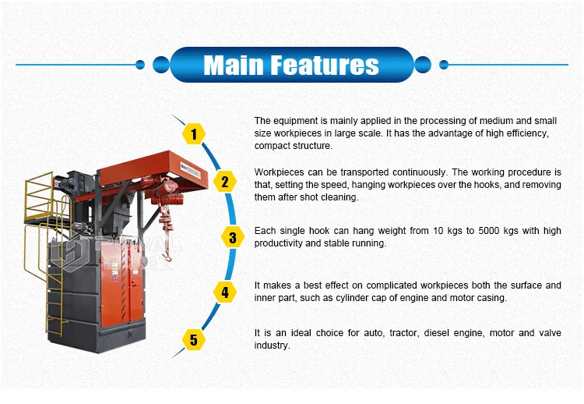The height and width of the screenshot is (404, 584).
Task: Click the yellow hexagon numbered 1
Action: pyautogui.click(x=194, y=134)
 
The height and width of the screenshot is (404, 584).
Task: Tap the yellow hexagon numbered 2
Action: pyautogui.click(x=225, y=182)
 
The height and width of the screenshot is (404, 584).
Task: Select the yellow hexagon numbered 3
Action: pyautogui.click(x=233, y=237)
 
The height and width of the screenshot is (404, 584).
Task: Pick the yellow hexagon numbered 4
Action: pyautogui.click(x=225, y=292)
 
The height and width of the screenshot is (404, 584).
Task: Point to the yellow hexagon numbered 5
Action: pyautogui.click(x=194, y=340)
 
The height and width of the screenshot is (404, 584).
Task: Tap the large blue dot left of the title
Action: pyautogui.click(x=161, y=65)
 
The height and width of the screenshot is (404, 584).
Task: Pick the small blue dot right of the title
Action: pyautogui.click(x=444, y=65)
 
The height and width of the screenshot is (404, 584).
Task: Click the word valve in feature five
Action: pyautogui.click(x=550, y=333)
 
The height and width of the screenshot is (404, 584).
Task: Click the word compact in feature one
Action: pyautogui.click(x=272, y=146)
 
